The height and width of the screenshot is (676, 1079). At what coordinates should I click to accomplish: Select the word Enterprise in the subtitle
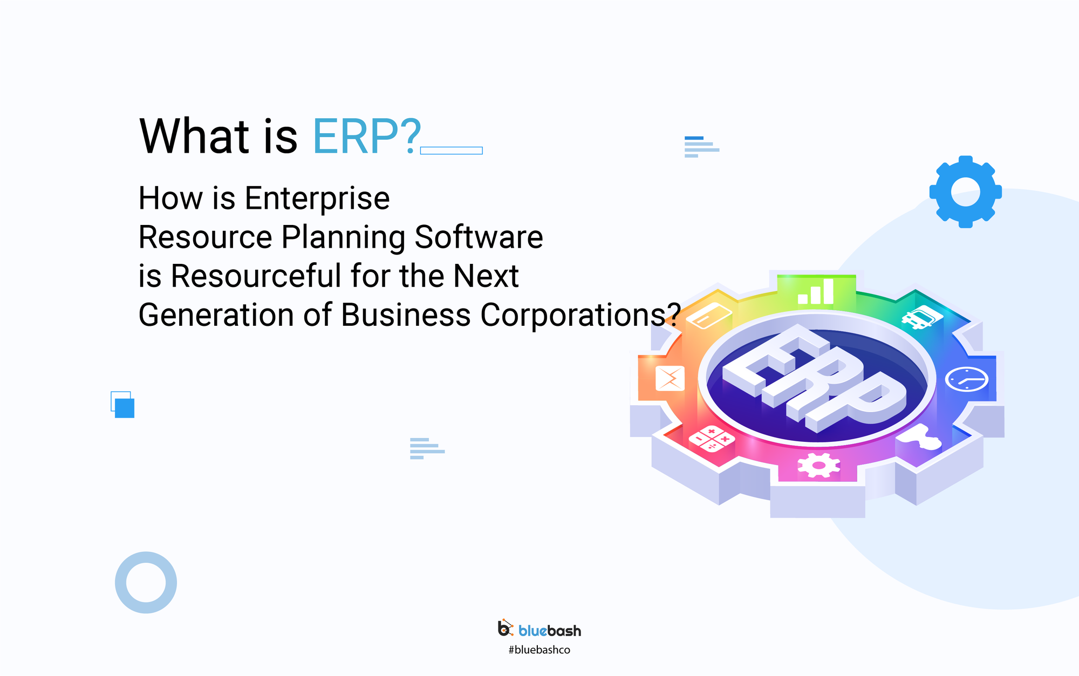[317, 199]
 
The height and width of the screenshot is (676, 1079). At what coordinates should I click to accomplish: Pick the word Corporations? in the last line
[579, 315]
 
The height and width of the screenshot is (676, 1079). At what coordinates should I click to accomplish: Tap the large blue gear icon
[965, 192]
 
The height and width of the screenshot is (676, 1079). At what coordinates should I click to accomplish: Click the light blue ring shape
[146, 582]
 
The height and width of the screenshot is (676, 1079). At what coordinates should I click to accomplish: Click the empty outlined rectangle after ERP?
[451, 151]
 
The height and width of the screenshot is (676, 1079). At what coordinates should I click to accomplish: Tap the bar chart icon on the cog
[816, 292]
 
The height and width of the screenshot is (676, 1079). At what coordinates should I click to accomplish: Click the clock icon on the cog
[966, 379]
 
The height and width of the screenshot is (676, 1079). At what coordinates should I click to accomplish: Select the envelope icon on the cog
[670, 378]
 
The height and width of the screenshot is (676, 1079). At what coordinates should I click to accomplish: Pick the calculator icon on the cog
[712, 438]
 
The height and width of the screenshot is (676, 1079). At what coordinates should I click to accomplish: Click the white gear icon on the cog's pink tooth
[818, 465]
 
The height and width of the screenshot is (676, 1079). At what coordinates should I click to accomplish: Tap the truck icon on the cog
[921, 317]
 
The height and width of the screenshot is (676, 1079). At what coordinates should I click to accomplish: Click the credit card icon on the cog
[708, 316]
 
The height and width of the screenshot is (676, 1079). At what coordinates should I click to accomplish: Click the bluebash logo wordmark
[549, 630]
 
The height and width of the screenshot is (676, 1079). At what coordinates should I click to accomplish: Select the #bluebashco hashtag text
[539, 650]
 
